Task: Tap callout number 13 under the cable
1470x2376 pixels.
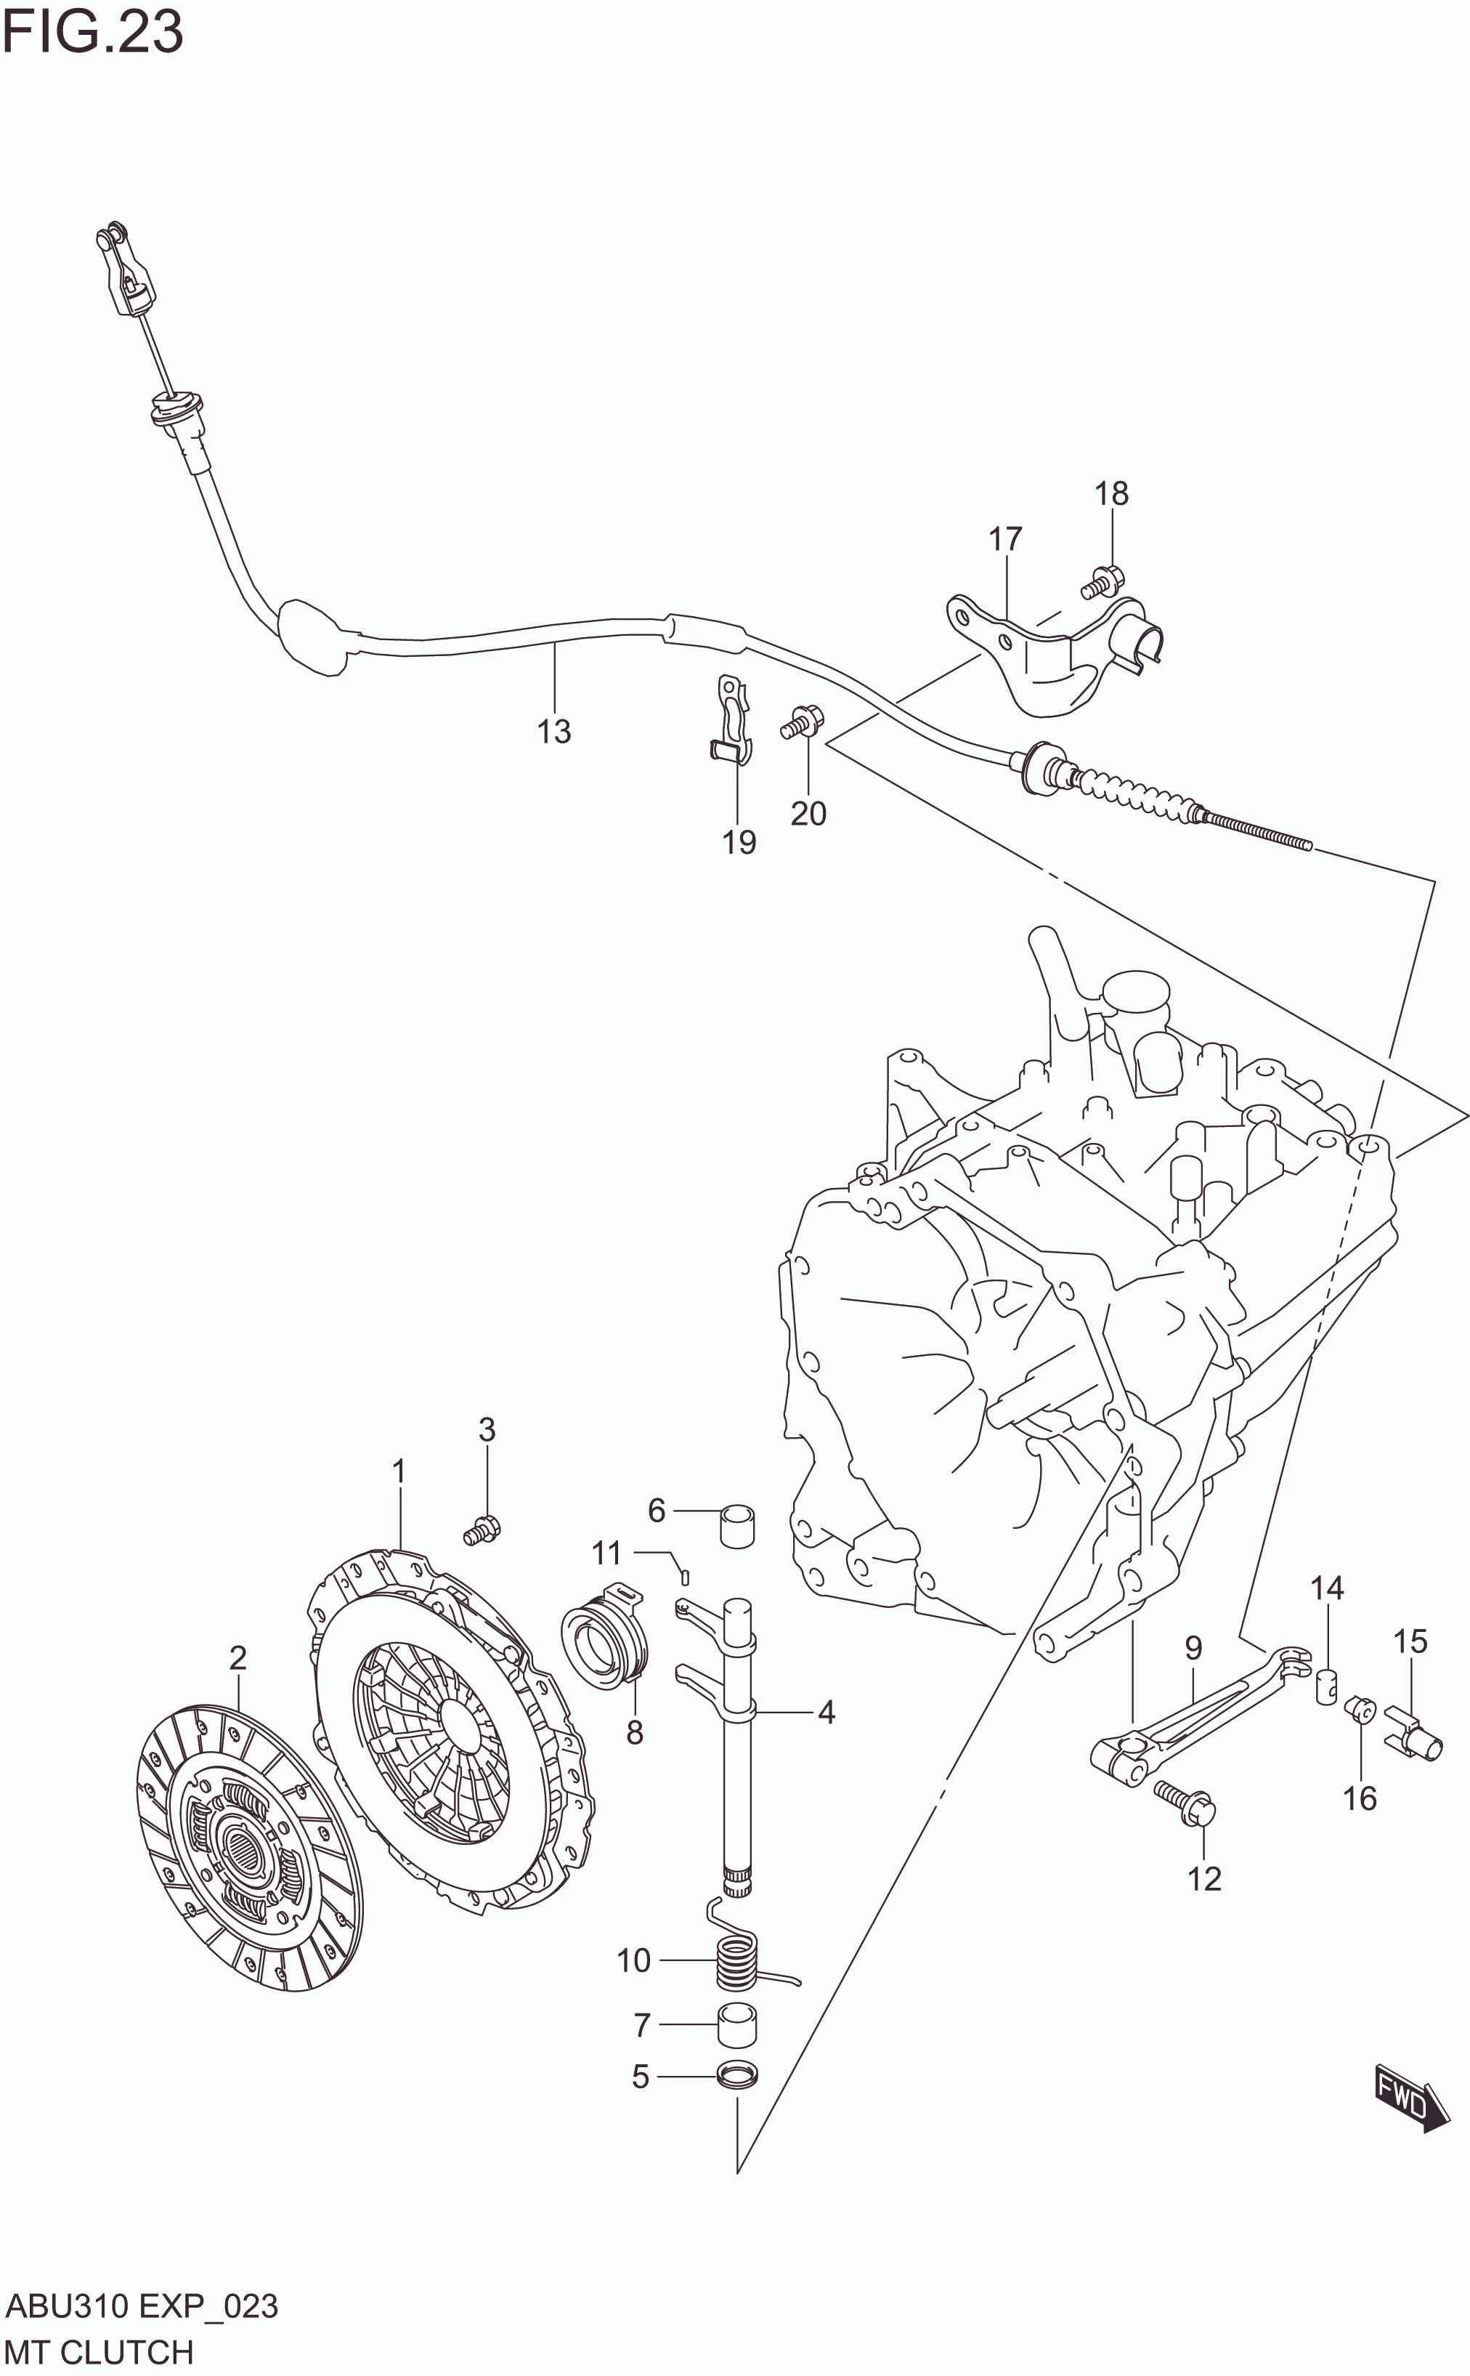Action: tap(554, 732)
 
